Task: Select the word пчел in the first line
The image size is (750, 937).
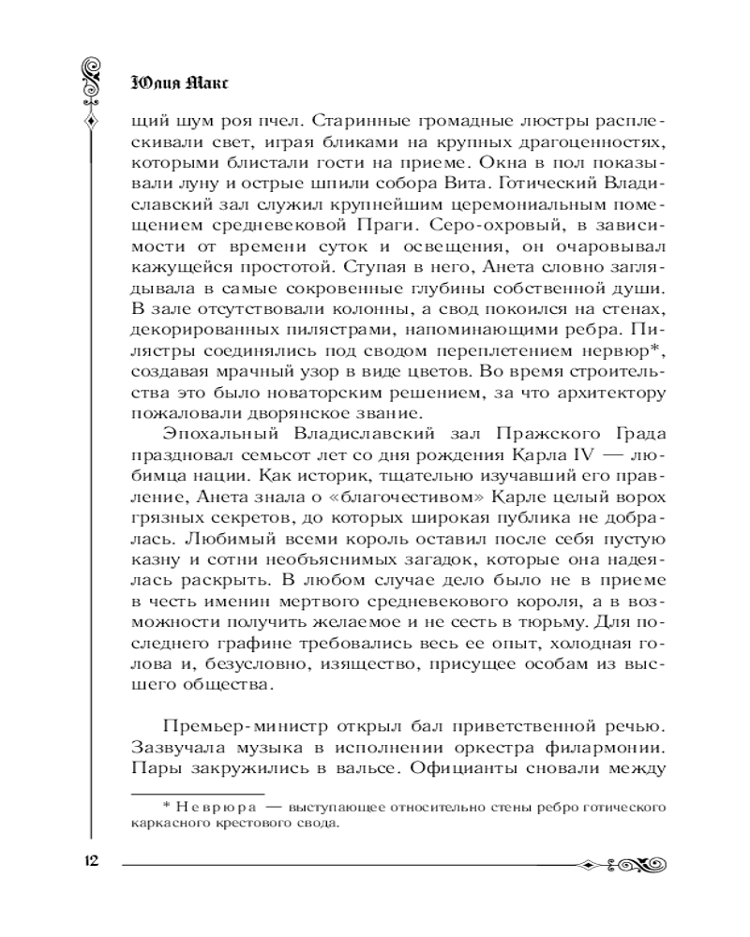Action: [x=285, y=122]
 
